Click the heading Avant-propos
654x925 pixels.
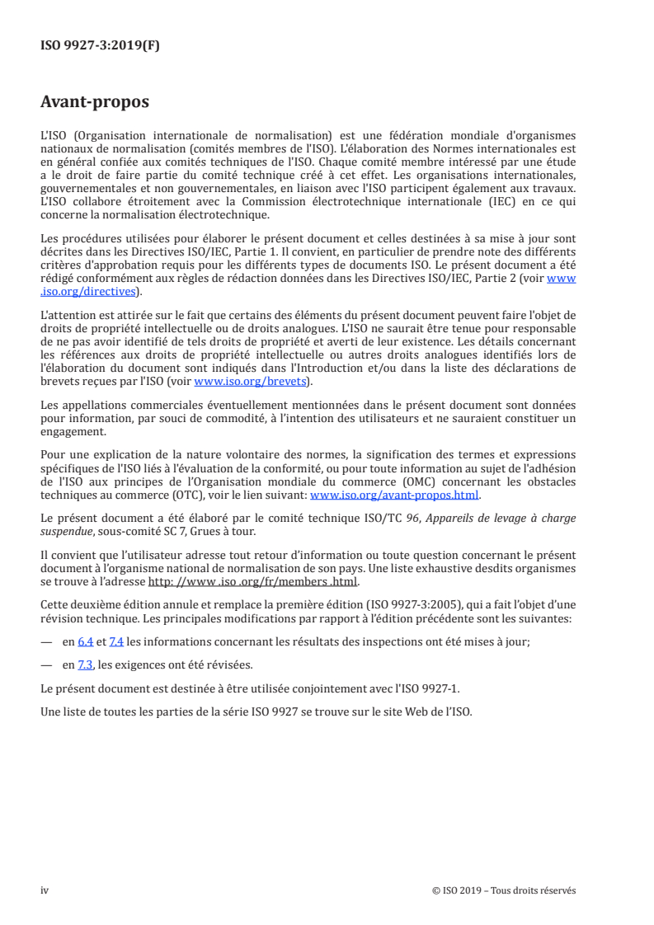(x=95, y=102)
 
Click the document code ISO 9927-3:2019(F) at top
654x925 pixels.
(x=100, y=46)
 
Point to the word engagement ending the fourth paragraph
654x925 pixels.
(x=73, y=431)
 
